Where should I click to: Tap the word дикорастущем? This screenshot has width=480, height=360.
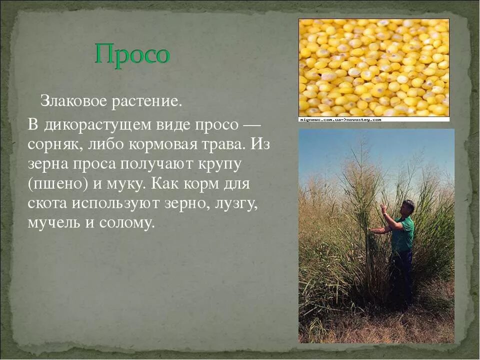pyautogui.click(x=100, y=125)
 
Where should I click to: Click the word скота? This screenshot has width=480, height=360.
pyautogui.click(x=47, y=203)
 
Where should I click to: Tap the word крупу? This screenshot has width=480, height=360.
pyautogui.click(x=219, y=164)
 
